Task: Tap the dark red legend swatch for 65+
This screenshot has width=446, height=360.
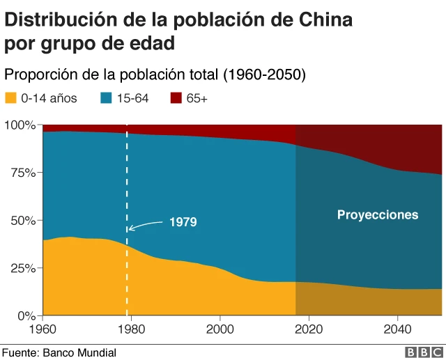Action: point(176,98)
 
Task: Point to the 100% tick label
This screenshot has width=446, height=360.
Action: point(20,125)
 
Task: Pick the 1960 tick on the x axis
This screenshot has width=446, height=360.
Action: point(43,329)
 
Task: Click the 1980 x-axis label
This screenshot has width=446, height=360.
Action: point(132,329)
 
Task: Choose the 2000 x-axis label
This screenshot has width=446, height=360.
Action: point(220,329)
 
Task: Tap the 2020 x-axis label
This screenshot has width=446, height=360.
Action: point(309,329)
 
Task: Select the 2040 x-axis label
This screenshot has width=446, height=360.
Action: point(397,329)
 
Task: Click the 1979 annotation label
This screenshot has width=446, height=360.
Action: point(183,222)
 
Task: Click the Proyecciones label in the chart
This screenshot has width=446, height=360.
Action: point(378,214)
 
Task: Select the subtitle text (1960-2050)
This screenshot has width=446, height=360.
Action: point(263,74)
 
